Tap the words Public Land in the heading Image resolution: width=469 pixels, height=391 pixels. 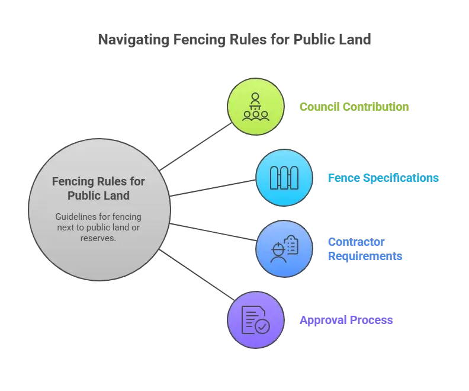pyautogui.click(x=99, y=195)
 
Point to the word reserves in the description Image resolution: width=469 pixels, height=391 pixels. pyautogui.click(x=99, y=238)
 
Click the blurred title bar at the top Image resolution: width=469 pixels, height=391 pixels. pyautogui.click(x=234, y=40)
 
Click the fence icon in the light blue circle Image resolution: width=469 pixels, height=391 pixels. pyautogui.click(x=284, y=178)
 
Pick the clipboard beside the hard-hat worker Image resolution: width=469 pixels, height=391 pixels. pyautogui.click(x=291, y=243)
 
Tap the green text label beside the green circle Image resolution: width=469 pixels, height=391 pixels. pyautogui.click(x=354, y=108)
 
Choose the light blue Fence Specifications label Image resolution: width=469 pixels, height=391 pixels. pyautogui.click(x=383, y=178)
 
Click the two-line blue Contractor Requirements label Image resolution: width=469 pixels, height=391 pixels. pyautogui.click(x=364, y=249)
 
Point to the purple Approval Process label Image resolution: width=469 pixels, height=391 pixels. pyautogui.click(x=346, y=321)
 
